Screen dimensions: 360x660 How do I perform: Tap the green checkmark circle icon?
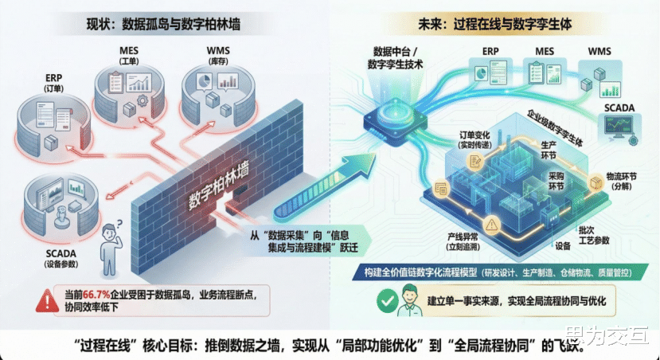(387, 302)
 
